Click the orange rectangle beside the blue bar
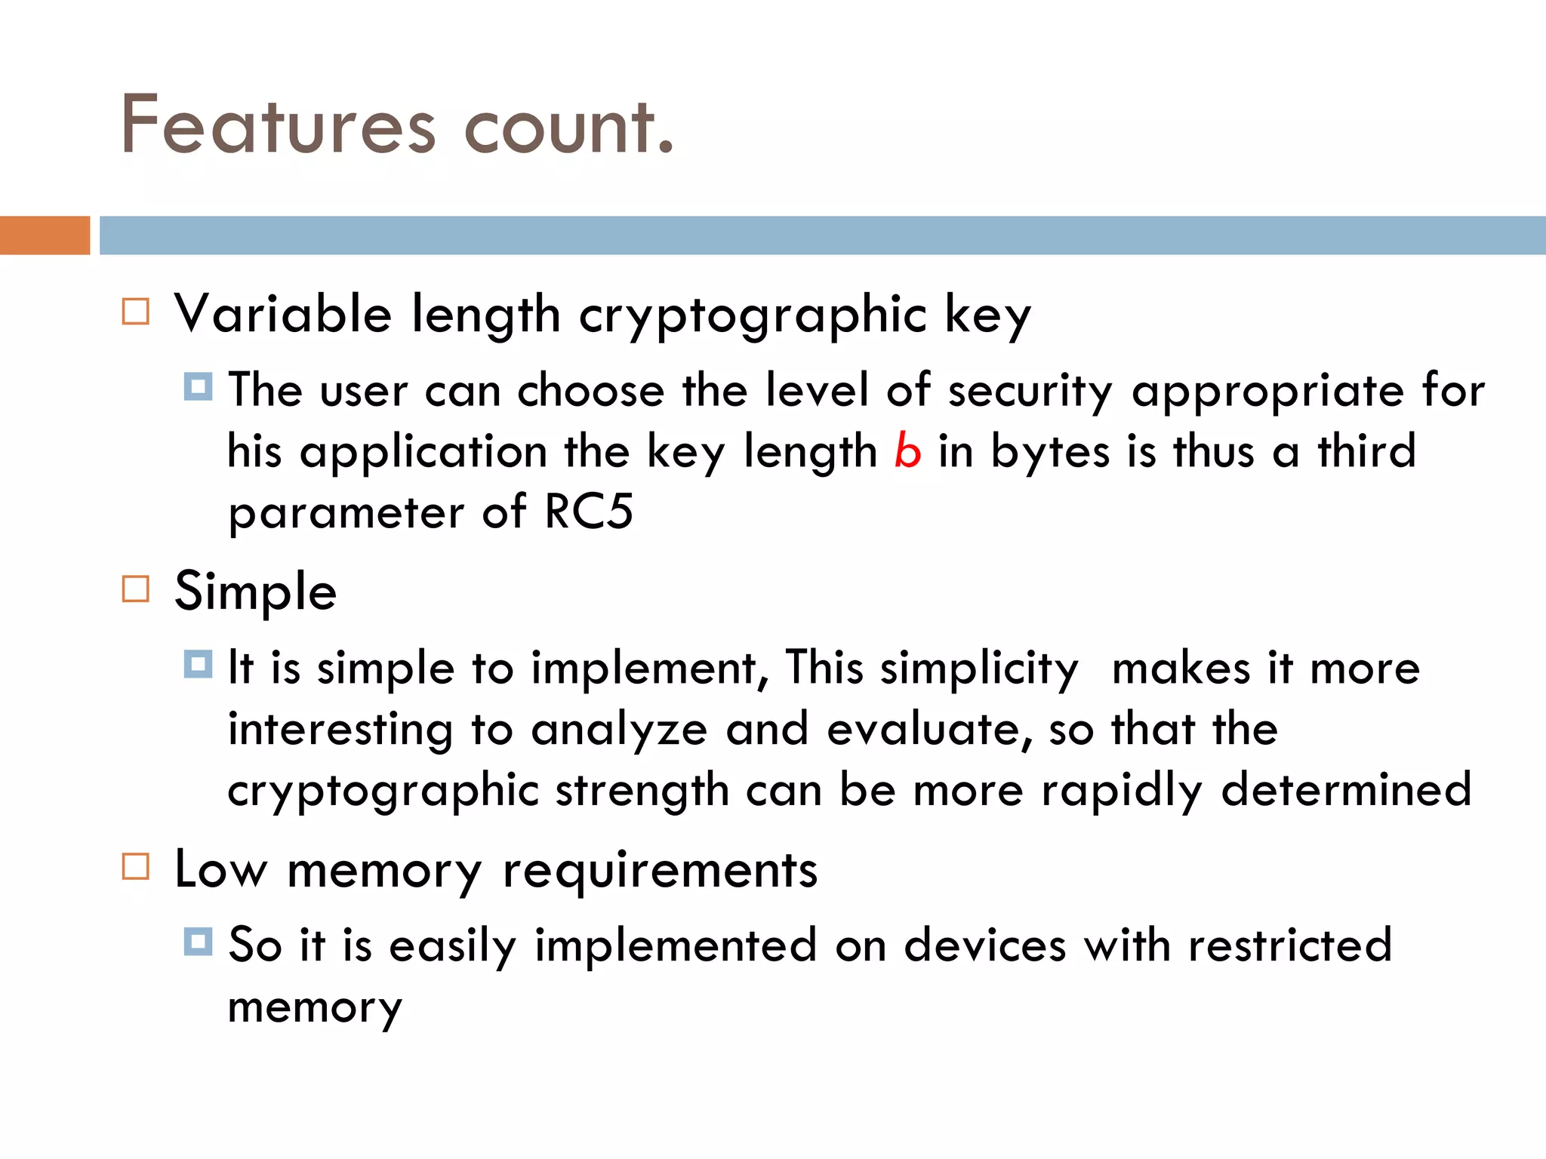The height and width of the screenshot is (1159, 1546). pos(45,235)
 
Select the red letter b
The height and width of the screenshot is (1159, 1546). pos(907,451)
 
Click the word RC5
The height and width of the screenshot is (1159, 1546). pos(589,512)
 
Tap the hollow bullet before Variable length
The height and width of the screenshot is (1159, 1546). pos(136,312)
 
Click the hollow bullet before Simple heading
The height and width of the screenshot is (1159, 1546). pos(136,589)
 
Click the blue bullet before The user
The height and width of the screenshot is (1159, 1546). pos(198,387)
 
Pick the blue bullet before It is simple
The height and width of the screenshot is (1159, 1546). pos(198,665)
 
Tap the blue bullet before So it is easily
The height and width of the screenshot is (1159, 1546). pos(198,942)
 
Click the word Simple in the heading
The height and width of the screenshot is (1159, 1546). pos(255,592)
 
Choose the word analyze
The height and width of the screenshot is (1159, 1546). pos(619,730)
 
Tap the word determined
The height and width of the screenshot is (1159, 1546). pos(1346,790)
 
